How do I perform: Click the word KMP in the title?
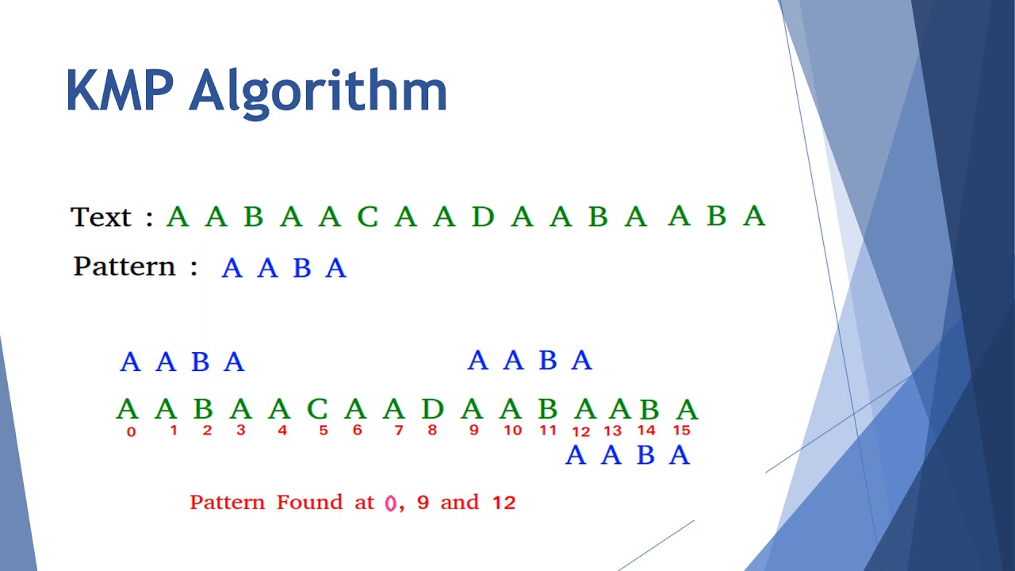click(x=119, y=91)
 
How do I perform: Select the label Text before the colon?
click(x=101, y=217)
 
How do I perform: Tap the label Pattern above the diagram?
click(x=124, y=266)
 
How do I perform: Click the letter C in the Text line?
click(x=367, y=217)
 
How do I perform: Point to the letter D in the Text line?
click(x=482, y=217)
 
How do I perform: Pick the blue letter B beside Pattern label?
click(x=301, y=269)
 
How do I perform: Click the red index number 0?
click(x=131, y=432)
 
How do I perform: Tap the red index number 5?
click(x=324, y=431)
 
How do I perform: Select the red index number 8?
click(x=432, y=431)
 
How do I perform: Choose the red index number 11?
click(x=549, y=431)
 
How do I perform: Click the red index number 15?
click(x=681, y=431)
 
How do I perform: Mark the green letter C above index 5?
click(x=316, y=409)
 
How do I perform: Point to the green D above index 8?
click(x=432, y=409)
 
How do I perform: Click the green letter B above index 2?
click(x=203, y=409)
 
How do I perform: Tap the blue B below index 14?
click(x=645, y=456)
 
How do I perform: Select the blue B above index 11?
click(x=547, y=361)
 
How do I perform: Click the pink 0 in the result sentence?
click(x=390, y=503)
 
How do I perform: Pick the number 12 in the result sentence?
click(x=504, y=503)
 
